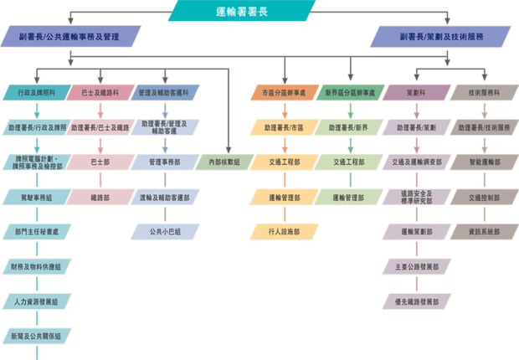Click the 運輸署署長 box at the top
tap(242, 10)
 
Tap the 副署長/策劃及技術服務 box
tap(441, 38)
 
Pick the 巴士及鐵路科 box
tap(100, 92)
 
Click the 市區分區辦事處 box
tap(285, 92)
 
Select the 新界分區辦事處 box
tap(350, 92)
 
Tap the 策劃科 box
tap(416, 92)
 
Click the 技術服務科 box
tap(481, 92)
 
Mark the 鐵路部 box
tap(100, 198)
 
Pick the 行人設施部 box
tap(285, 230)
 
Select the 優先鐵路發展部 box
tap(416, 300)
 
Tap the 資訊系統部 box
tap(481, 230)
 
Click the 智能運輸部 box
tap(481, 161)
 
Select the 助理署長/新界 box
tap(350, 127)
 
